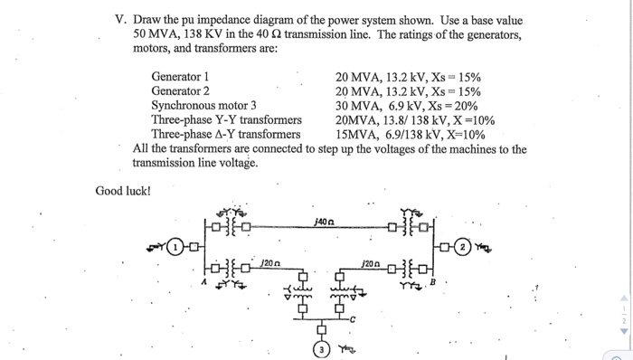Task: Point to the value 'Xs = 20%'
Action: (458, 105)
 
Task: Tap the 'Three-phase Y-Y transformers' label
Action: (225, 119)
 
